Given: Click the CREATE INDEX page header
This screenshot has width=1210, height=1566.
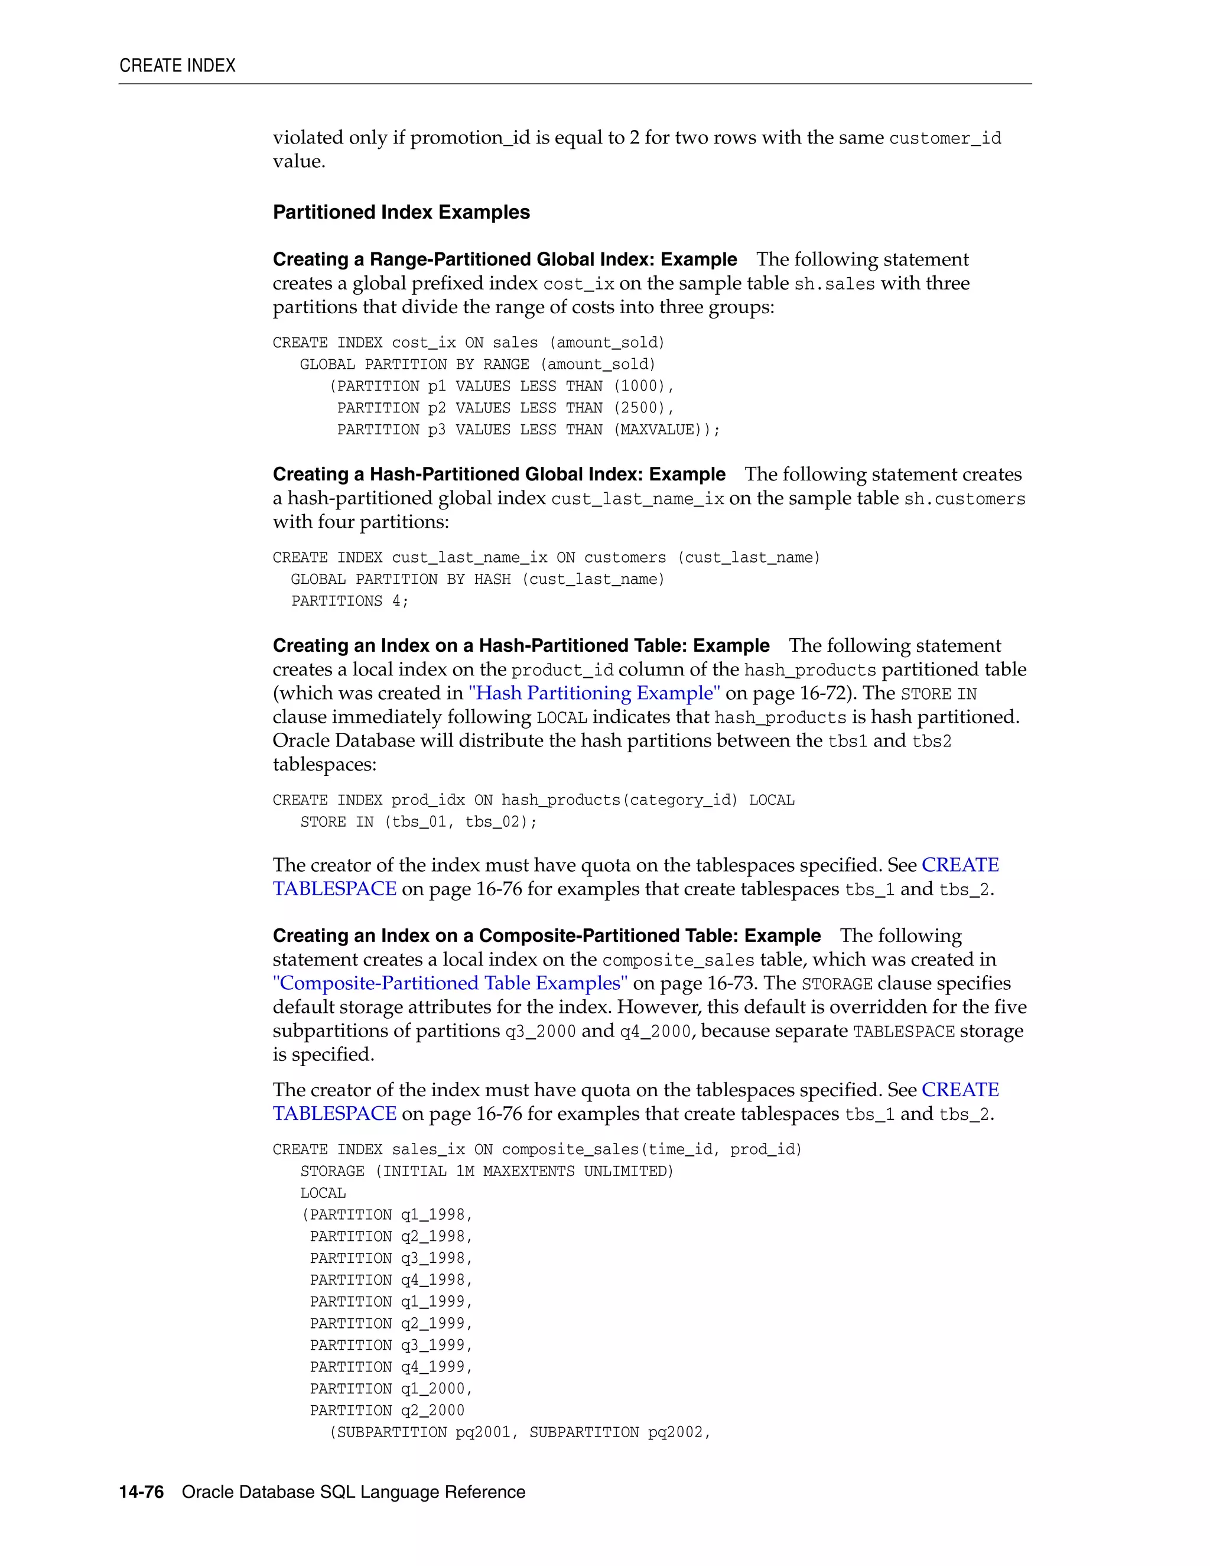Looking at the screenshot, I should pyautogui.click(x=177, y=66).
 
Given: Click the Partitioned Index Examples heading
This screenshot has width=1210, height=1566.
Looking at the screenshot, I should pyautogui.click(x=401, y=212).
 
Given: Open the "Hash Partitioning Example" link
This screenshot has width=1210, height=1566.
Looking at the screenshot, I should pyautogui.click(x=594, y=693).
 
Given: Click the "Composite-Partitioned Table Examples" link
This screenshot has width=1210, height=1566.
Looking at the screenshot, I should pyautogui.click(x=450, y=983).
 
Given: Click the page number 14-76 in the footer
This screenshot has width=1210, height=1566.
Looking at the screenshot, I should pyautogui.click(x=141, y=1492).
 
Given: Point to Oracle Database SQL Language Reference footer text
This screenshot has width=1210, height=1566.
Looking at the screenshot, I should pyautogui.click(x=353, y=1492).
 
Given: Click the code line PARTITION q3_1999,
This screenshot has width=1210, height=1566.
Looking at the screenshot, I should pyautogui.click(x=391, y=1345).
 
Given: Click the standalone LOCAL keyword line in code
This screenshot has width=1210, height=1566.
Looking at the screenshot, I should pyautogui.click(x=323, y=1193).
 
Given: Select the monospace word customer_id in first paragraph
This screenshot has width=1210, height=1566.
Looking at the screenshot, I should pyautogui.click(x=944, y=138).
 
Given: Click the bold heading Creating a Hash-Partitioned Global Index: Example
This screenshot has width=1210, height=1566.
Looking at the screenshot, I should pyautogui.click(x=499, y=475).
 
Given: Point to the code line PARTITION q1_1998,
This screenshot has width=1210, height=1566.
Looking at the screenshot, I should pyautogui.click(x=391, y=1214).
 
